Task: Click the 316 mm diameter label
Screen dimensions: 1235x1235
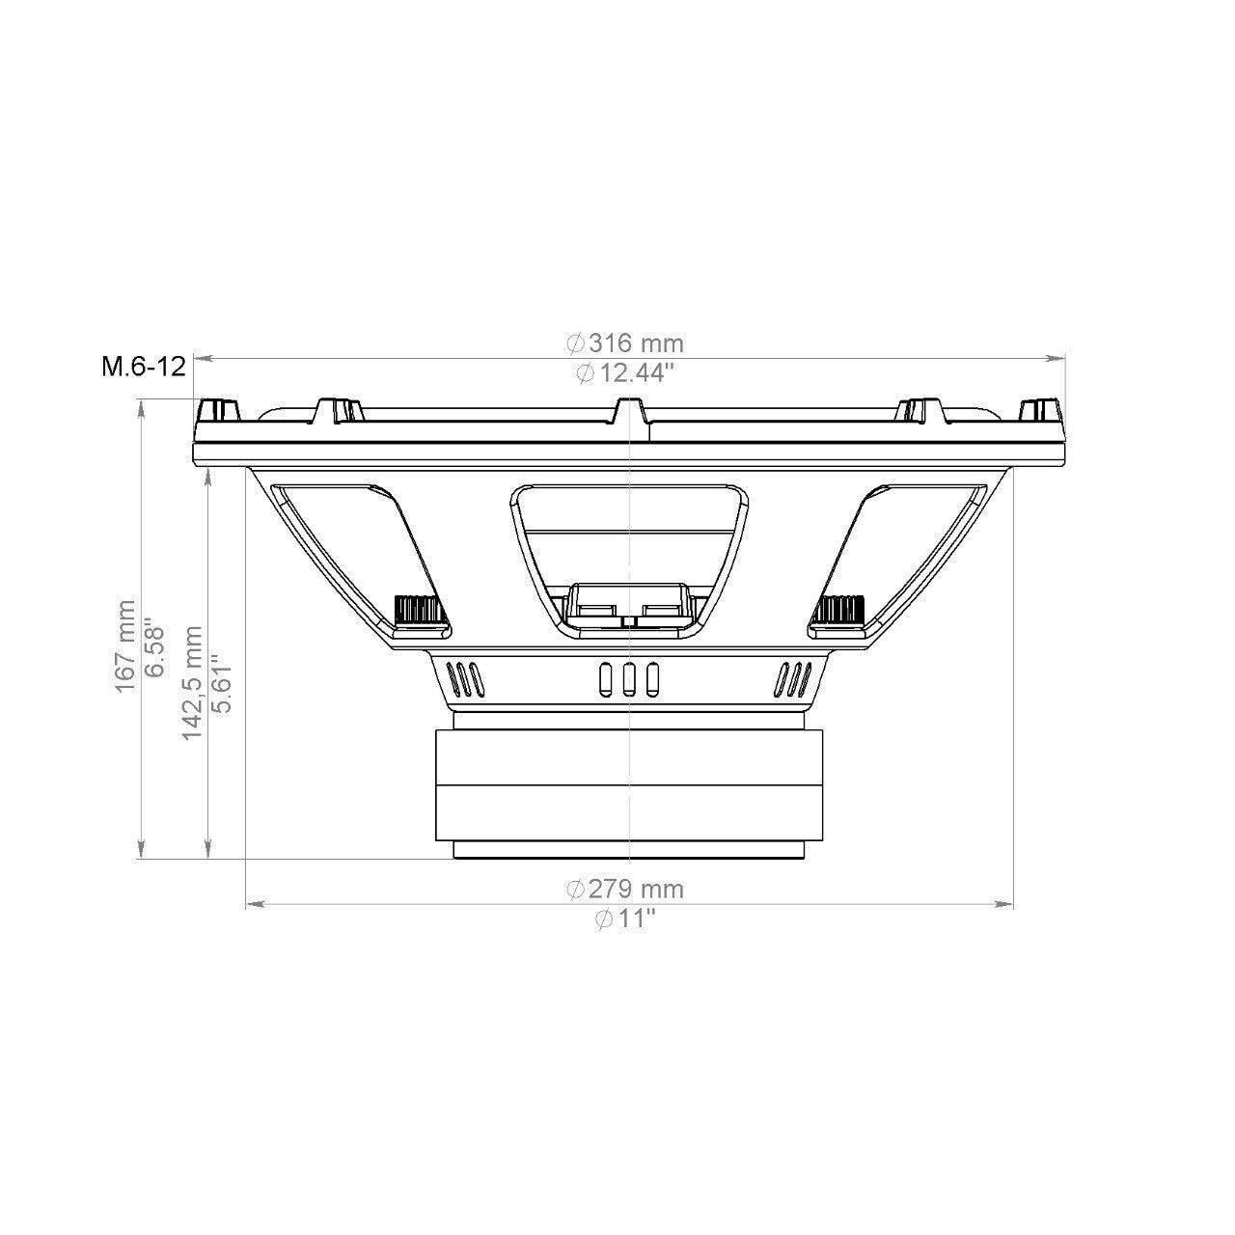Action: pyautogui.click(x=625, y=343)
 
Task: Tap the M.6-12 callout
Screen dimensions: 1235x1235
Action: pyautogui.click(x=144, y=367)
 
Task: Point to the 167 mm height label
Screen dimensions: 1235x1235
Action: pyautogui.click(x=126, y=655)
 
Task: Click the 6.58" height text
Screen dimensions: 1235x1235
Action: pyautogui.click(x=154, y=646)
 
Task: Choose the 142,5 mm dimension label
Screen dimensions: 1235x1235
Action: pyautogui.click(x=193, y=683)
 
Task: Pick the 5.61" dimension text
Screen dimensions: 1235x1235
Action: pyautogui.click(x=221, y=683)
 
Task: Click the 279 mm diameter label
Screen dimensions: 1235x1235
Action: pyautogui.click(x=625, y=889)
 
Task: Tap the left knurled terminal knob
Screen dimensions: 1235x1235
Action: pyautogui.click(x=417, y=608)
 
